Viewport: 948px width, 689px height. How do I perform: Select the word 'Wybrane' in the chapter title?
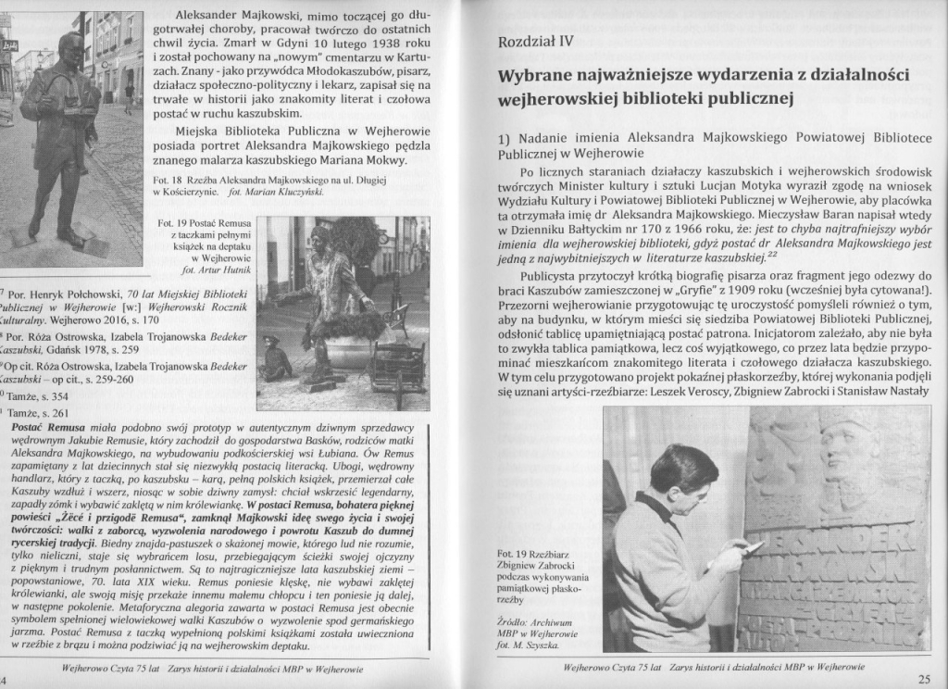click(537, 74)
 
